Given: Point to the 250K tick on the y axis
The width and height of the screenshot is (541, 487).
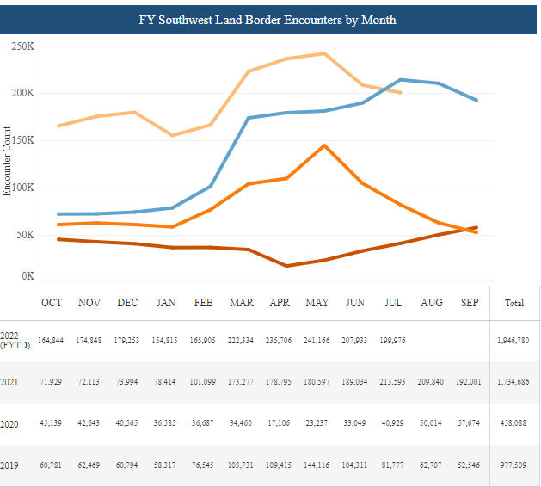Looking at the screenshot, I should coord(22,46).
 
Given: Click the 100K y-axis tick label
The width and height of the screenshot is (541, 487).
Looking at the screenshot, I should coord(22,187).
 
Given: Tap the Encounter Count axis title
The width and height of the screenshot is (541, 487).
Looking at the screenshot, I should coord(7,161).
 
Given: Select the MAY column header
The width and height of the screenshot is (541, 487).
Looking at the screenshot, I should coord(317,303).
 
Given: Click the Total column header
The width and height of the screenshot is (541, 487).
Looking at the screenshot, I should coord(514,303).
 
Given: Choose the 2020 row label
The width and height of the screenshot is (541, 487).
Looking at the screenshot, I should coord(11,423).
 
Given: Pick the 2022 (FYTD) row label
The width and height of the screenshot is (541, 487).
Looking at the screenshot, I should coord(11,340).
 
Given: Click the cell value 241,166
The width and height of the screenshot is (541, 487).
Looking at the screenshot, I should coord(317,342).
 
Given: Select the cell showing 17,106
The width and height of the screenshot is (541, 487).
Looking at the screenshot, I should coord(280,423).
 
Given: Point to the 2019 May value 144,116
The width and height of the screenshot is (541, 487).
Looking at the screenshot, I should coord(317,465).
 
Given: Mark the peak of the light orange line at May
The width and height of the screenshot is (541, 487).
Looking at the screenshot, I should coord(323,53).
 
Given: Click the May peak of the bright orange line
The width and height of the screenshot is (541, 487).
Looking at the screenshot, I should coord(323,145).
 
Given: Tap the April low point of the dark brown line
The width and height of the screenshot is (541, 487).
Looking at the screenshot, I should coord(286,266).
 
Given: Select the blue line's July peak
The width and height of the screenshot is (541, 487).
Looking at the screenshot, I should coord(400,79).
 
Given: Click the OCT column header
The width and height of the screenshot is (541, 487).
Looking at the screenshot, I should coord(52,303).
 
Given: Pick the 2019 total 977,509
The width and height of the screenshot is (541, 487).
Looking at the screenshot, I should coord(515,465).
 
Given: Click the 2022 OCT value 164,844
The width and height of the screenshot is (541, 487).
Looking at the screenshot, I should coord(52,342).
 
